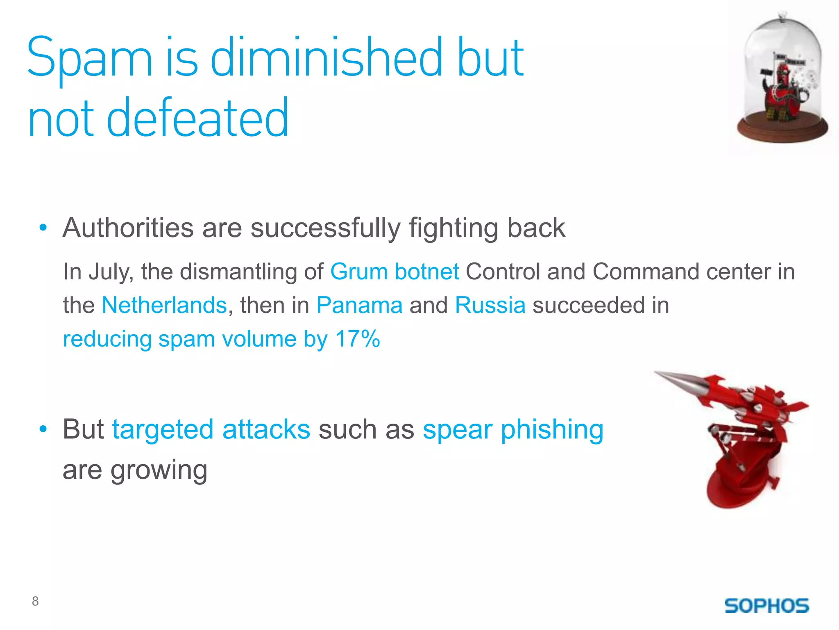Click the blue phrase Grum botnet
point(394,272)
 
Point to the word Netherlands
point(164,305)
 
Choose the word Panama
point(359,305)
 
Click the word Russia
point(490,305)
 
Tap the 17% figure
point(357,339)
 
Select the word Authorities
point(128,228)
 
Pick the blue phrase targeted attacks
point(211,429)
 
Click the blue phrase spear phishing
point(513,429)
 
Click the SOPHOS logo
point(766,605)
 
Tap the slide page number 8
point(35,601)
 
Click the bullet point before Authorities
point(43,228)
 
